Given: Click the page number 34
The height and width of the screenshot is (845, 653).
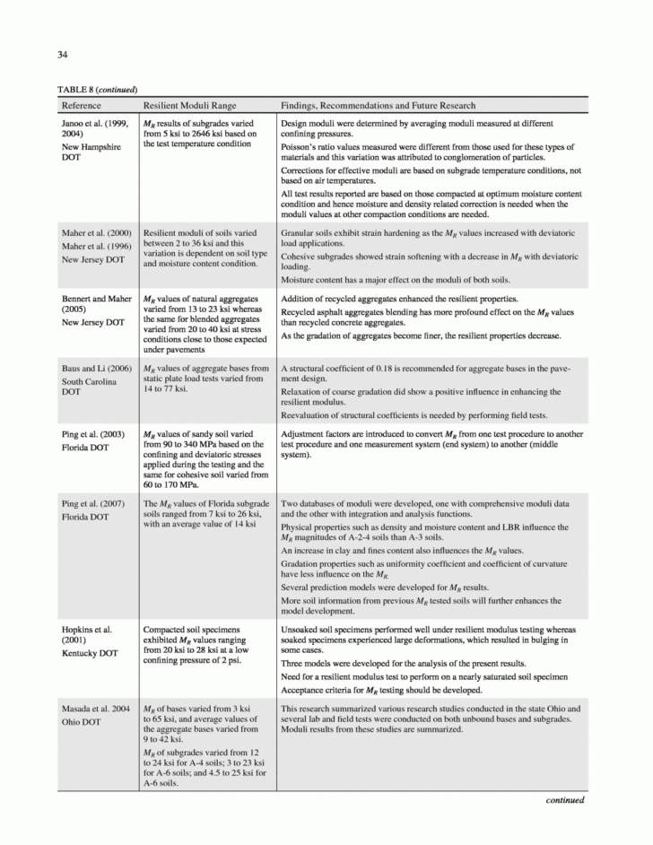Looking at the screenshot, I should click(x=64, y=55).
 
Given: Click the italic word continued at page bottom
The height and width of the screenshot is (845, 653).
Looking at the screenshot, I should click(x=565, y=800).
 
